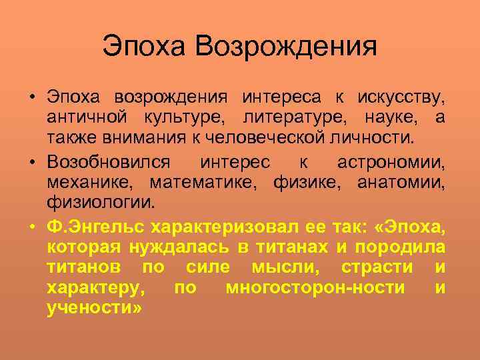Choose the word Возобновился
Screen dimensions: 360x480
pos(109,162)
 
